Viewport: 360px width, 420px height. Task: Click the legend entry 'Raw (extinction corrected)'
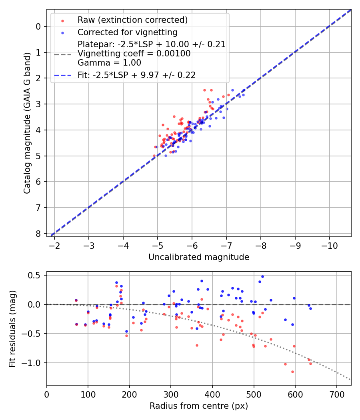coord(132,20)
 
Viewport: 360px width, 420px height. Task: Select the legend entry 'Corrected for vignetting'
coord(128,32)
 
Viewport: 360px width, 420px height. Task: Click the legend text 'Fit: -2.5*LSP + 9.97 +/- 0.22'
coord(136,75)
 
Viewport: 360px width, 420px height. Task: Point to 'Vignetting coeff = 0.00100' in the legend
coord(134,54)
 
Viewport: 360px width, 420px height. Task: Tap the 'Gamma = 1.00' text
coord(109,63)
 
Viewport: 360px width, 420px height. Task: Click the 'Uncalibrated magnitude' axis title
coord(199,257)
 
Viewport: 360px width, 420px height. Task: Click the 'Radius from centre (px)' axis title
coord(199,406)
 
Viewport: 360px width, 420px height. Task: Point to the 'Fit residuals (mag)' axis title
coord(12,328)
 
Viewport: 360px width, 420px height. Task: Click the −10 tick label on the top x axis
coord(329,245)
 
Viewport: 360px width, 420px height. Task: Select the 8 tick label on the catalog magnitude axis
coord(38,233)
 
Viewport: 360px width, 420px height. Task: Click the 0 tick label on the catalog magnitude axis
coord(38,26)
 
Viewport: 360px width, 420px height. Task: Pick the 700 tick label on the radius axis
coord(336,394)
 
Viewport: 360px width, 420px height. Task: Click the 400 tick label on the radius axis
coord(212,394)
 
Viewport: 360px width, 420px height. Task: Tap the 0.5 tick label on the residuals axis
coord(35,275)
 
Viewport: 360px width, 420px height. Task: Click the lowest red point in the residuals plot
coord(292,372)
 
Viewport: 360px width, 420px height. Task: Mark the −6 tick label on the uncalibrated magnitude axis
coord(192,245)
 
